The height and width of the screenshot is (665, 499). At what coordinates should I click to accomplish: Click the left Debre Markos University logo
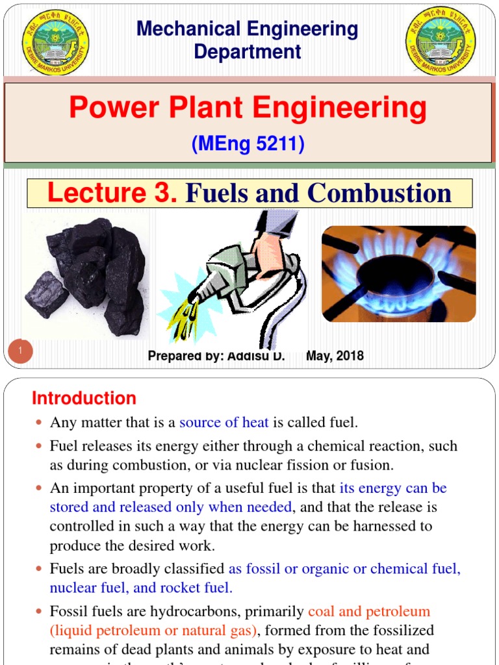[55, 42]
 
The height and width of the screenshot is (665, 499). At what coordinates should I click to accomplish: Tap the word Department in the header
[248, 51]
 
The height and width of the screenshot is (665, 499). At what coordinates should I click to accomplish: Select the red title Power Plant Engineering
[248, 108]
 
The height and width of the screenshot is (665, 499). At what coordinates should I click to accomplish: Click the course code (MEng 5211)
[248, 144]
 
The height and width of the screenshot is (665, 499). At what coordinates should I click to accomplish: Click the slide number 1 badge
[21, 352]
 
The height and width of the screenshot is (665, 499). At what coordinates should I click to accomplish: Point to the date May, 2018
[335, 356]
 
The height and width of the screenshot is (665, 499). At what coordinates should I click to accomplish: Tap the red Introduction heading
[84, 398]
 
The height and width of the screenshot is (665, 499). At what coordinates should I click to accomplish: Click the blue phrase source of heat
[224, 423]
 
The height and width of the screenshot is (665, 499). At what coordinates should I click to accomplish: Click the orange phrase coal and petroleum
[369, 611]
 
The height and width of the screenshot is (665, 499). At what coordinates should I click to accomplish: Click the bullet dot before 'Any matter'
[38, 423]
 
